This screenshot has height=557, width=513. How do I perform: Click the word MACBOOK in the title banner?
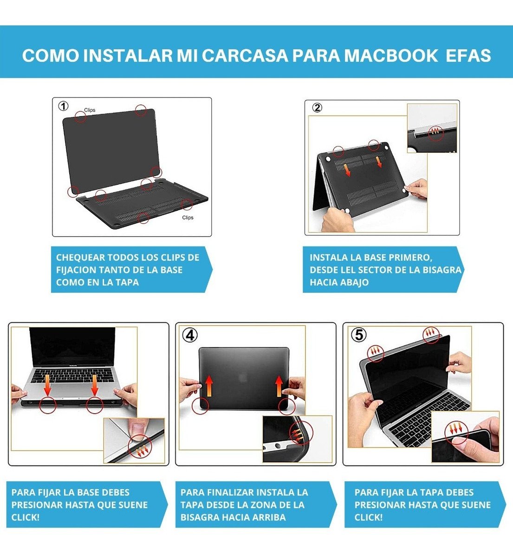[x=391, y=56]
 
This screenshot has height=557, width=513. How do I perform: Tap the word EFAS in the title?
[x=468, y=56]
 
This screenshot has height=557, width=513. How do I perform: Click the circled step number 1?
[x=63, y=106]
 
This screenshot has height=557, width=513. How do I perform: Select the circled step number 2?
[x=317, y=108]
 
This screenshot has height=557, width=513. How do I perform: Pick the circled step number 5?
[x=359, y=335]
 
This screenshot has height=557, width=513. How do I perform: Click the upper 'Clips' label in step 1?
[x=90, y=110]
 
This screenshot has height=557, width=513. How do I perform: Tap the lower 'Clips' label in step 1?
[x=188, y=217]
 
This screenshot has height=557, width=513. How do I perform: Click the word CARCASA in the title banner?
[x=245, y=56]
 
